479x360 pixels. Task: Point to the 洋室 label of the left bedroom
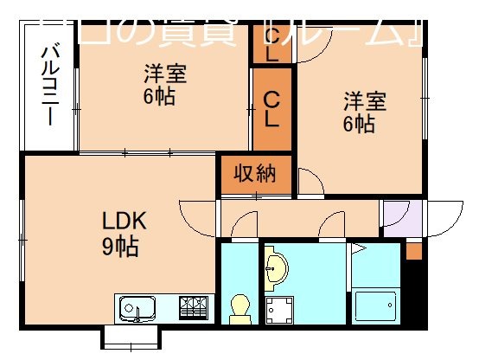165,72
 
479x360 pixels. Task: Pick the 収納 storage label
257,174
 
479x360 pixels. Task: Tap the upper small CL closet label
271,44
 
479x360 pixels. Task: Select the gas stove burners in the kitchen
194,308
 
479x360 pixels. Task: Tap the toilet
239,308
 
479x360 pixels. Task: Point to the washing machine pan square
279,309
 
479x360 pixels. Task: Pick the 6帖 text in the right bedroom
358,124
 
